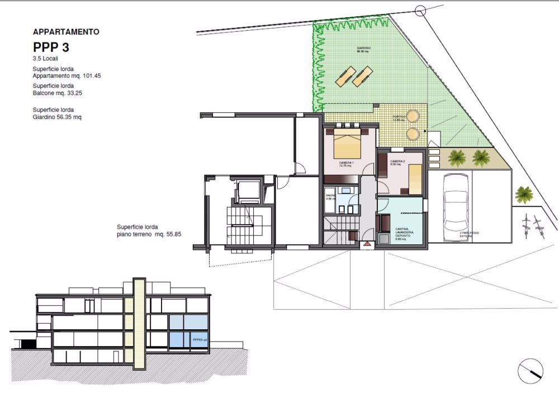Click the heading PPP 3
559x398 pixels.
point(51,47)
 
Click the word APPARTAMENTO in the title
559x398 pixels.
point(66,32)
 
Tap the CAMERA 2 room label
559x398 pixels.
point(398,163)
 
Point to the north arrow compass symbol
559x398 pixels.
point(531,371)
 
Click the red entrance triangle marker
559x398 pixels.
point(367,244)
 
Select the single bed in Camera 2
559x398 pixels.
point(415,179)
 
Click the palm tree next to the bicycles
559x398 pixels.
point(524,194)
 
